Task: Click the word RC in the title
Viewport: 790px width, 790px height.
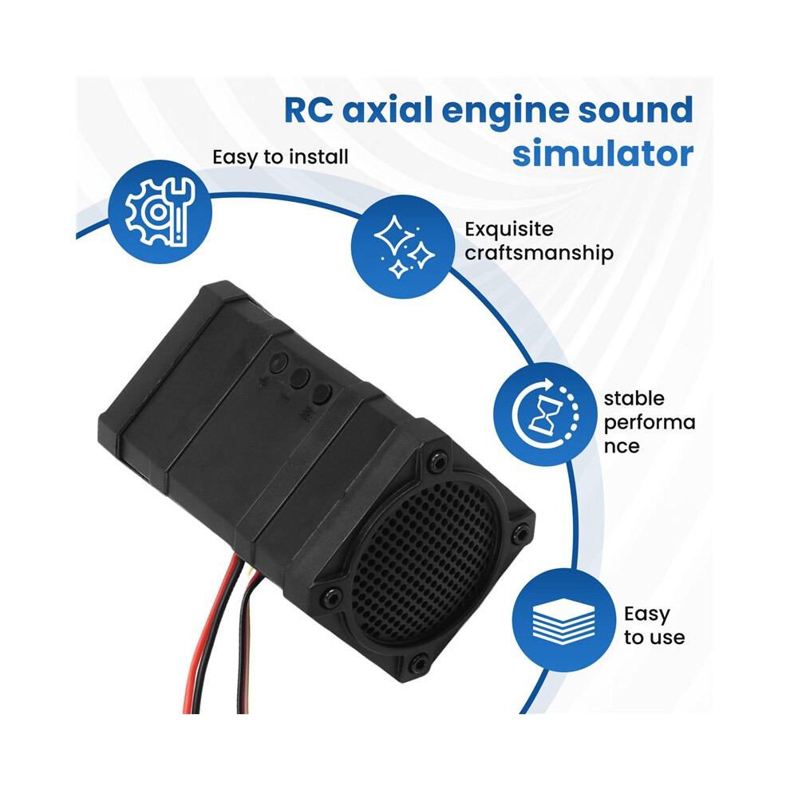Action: [x=308, y=110]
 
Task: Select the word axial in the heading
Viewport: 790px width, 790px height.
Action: [x=388, y=110]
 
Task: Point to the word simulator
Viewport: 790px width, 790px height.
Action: [x=602, y=153]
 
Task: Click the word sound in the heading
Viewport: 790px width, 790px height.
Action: [x=635, y=110]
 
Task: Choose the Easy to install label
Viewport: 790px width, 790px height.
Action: [x=280, y=157]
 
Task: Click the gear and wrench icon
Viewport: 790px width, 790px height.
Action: [x=160, y=211]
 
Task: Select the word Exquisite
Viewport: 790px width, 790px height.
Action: [x=509, y=230]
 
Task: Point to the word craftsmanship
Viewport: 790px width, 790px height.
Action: [x=539, y=253]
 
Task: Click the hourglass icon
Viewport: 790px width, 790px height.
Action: [x=546, y=413]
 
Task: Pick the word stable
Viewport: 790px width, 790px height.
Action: [x=634, y=398]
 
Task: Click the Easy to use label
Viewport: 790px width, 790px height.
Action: [x=654, y=626]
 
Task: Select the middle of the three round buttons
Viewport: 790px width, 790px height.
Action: [x=301, y=378]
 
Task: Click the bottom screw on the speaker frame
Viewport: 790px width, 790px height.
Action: [x=417, y=665]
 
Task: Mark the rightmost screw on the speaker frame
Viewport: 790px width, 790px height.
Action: [x=520, y=532]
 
